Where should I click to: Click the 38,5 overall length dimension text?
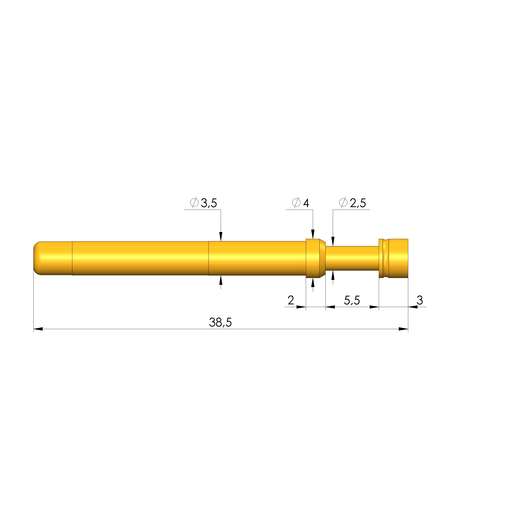tap(220, 322)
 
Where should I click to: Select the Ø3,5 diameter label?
tap(204, 203)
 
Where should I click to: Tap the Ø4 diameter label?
tap(301, 203)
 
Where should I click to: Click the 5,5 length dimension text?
tap(352, 300)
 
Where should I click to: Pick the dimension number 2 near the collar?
tap(291, 300)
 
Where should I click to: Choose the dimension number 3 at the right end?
tap(420, 300)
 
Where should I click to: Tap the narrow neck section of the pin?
tap(352, 258)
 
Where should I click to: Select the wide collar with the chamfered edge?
tap(315, 258)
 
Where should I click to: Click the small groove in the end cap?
tap(386, 258)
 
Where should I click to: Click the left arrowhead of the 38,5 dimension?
tap(38, 329)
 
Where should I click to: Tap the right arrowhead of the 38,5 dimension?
tap(403, 329)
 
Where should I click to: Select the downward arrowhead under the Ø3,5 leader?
tap(221, 237)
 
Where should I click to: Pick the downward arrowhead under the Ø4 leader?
tap(313, 234)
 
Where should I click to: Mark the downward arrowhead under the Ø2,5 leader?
tap(333, 241)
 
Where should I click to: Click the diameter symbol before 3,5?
tap(194, 203)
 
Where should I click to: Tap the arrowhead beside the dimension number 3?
tap(413, 307)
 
